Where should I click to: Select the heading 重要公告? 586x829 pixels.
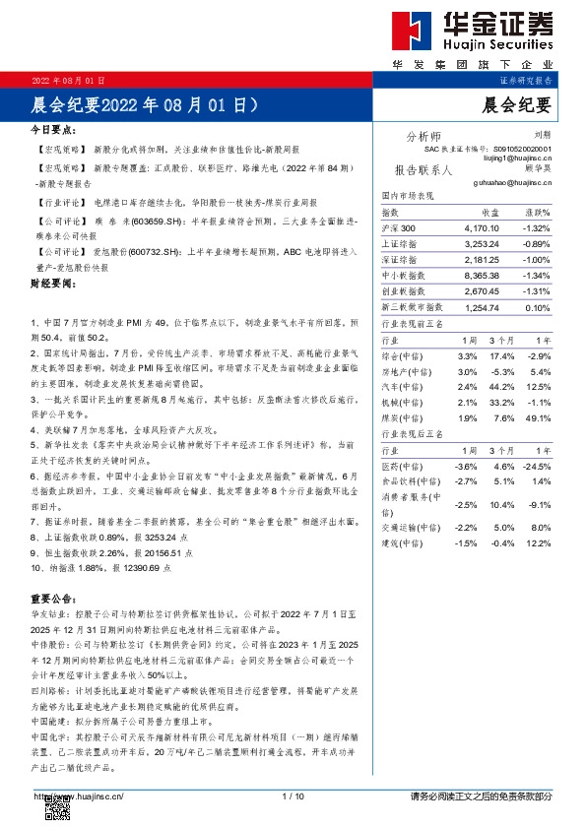(x=52, y=598)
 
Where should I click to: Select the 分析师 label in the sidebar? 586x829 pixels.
(x=423, y=136)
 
